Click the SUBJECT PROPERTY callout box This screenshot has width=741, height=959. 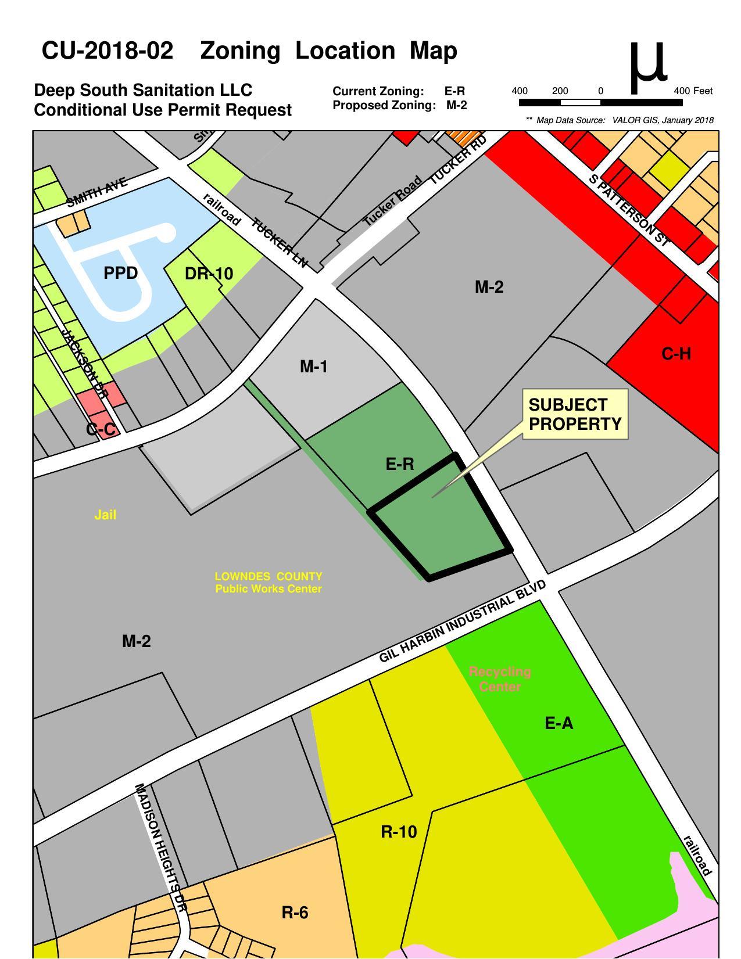click(x=575, y=414)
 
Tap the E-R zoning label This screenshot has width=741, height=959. click(x=400, y=464)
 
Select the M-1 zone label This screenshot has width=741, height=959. click(x=313, y=367)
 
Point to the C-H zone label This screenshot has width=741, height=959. click(x=676, y=354)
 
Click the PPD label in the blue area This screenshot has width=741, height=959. click(x=120, y=273)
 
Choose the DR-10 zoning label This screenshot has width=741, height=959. click(x=209, y=274)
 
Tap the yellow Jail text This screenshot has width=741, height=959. click(x=105, y=515)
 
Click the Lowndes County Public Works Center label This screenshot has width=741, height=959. click(x=268, y=583)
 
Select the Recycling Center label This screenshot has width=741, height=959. click(x=500, y=679)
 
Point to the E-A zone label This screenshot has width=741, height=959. click(x=559, y=723)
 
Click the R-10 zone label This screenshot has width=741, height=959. click(x=399, y=832)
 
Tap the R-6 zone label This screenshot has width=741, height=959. click(x=295, y=913)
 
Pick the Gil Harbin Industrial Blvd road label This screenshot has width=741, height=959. click(x=462, y=621)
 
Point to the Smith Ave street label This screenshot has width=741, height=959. click(x=96, y=193)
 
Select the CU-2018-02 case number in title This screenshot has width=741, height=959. click(x=108, y=51)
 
